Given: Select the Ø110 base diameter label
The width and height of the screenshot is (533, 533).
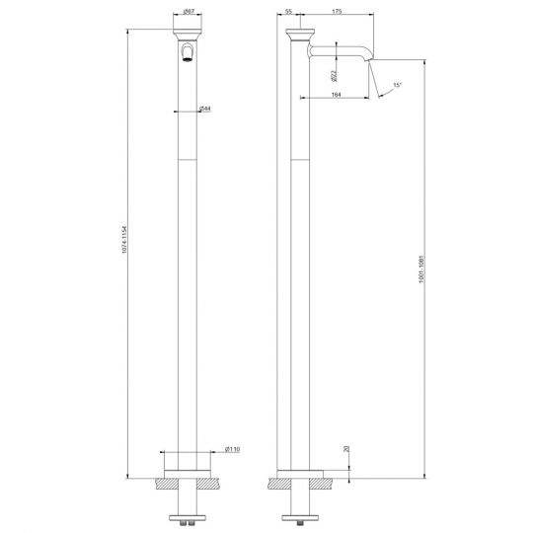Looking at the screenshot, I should point(232,449).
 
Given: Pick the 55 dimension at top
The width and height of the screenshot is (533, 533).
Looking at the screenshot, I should point(289,13).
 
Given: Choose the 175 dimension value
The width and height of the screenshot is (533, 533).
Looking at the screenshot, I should point(338,13).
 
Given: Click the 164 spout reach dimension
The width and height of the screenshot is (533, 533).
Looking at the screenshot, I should point(336,94).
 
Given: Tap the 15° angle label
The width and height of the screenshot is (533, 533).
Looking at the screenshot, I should point(397,86).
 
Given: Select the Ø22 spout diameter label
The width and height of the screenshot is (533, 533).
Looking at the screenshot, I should point(335,71).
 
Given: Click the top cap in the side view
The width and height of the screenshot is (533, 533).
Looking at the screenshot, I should point(301,38).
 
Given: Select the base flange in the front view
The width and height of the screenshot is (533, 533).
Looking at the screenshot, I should point(188,471).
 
